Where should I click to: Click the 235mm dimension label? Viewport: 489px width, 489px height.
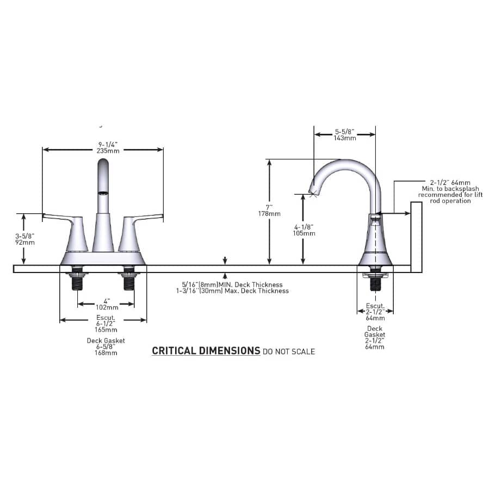tap(103, 151)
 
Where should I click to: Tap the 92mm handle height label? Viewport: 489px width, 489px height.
tap(24, 242)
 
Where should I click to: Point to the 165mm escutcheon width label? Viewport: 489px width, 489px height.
tap(106, 330)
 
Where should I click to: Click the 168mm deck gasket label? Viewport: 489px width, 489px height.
tap(106, 352)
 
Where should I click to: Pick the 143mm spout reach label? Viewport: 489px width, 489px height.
tap(344, 138)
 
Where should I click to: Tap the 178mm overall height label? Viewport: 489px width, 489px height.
tap(269, 214)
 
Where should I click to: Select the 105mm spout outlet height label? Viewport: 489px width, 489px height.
tap(304, 233)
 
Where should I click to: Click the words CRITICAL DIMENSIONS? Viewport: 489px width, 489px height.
tap(206, 351)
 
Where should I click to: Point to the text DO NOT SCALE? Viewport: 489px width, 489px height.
tap(288, 352)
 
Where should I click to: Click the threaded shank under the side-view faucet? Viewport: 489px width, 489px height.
tap(374, 282)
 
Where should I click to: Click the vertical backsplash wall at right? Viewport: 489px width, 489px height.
tap(416, 237)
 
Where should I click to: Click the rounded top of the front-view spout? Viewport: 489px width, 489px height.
tap(103, 165)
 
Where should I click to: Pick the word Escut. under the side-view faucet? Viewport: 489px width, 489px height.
tap(375, 306)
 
